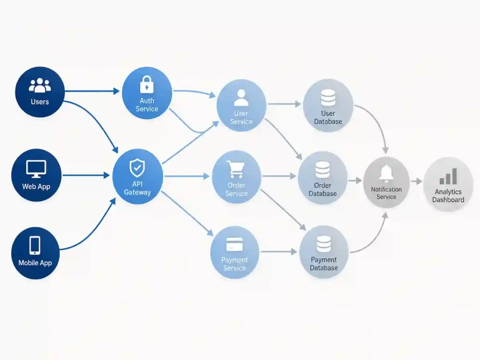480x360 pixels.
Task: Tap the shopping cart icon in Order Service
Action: [x=236, y=169]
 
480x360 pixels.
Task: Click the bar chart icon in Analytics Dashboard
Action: [x=448, y=176]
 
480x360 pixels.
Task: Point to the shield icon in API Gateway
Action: [x=137, y=168]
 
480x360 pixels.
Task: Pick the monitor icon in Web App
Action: [x=36, y=169]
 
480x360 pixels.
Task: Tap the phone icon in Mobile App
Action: [x=35, y=245]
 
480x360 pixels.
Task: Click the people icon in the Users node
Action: [x=40, y=85]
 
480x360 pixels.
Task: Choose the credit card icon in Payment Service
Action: [x=234, y=245]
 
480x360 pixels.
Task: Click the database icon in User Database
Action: [x=328, y=97]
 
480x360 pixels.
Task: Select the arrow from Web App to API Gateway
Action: [x=86, y=175]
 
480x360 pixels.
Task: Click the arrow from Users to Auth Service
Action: [x=92, y=91]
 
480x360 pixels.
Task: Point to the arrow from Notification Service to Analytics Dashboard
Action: [x=416, y=181]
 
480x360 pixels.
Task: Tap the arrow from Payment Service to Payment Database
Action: [x=278, y=252]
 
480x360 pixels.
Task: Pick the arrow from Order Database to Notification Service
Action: [x=355, y=180]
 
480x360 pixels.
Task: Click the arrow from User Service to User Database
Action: [x=285, y=104]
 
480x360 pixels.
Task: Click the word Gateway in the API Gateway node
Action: [x=137, y=192]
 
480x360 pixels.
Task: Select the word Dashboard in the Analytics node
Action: [x=448, y=200]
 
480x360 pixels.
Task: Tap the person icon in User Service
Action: [x=241, y=97]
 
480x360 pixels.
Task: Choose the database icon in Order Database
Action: [x=322, y=170]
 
